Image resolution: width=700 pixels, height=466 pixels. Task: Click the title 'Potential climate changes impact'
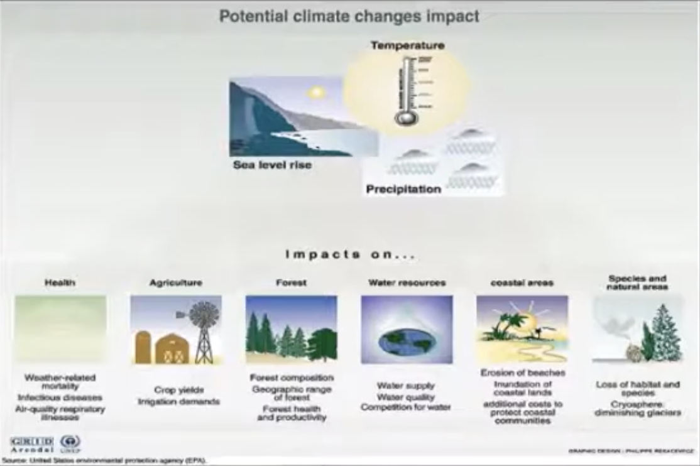click(349, 16)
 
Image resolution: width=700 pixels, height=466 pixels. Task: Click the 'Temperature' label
click(407, 45)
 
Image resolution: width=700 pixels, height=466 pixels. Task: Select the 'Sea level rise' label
click(272, 166)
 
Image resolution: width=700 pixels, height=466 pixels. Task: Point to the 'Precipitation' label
click(403, 188)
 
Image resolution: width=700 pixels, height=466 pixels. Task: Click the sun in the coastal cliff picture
click(315, 92)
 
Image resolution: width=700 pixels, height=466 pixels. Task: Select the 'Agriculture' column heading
click(176, 283)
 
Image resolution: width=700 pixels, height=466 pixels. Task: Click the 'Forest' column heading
click(291, 283)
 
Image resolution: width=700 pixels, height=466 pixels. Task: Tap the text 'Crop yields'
click(178, 390)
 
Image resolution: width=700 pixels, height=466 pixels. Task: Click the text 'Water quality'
click(405, 397)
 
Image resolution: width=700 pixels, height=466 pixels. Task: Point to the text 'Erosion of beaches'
click(522, 373)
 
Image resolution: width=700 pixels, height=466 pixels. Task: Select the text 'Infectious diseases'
click(60, 398)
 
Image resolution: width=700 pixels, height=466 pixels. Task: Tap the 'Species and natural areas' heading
click(637, 283)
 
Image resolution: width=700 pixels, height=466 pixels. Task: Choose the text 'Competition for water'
click(405, 408)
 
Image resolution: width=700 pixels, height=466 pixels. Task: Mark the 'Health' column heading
click(60, 283)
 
